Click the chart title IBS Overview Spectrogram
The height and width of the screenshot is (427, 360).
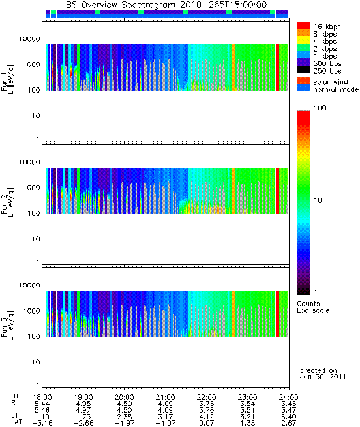(x=119, y=5)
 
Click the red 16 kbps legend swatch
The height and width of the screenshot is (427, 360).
(x=304, y=25)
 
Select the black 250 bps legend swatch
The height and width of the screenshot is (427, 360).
(x=304, y=70)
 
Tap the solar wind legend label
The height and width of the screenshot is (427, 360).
(x=330, y=82)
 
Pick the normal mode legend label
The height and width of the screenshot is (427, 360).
(x=336, y=89)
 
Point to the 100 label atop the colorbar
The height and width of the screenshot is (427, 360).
(x=320, y=108)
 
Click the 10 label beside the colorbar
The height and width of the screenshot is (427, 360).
(x=318, y=200)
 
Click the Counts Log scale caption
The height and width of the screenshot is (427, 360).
(x=313, y=307)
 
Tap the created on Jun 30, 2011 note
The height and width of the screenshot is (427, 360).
(x=323, y=374)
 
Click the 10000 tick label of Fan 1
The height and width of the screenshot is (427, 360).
(x=29, y=39)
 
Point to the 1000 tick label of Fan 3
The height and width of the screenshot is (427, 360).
(x=31, y=311)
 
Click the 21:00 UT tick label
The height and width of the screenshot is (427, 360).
(x=166, y=397)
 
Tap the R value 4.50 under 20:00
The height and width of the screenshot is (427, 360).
(x=125, y=404)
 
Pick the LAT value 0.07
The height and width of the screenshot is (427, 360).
(x=207, y=423)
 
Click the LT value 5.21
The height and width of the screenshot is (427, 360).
(x=248, y=417)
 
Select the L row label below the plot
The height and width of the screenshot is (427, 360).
(x=13, y=410)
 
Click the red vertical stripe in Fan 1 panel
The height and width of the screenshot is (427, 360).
(x=277, y=67)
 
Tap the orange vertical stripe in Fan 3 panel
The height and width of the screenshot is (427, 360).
(x=233, y=314)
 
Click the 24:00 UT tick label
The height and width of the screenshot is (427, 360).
(x=289, y=397)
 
